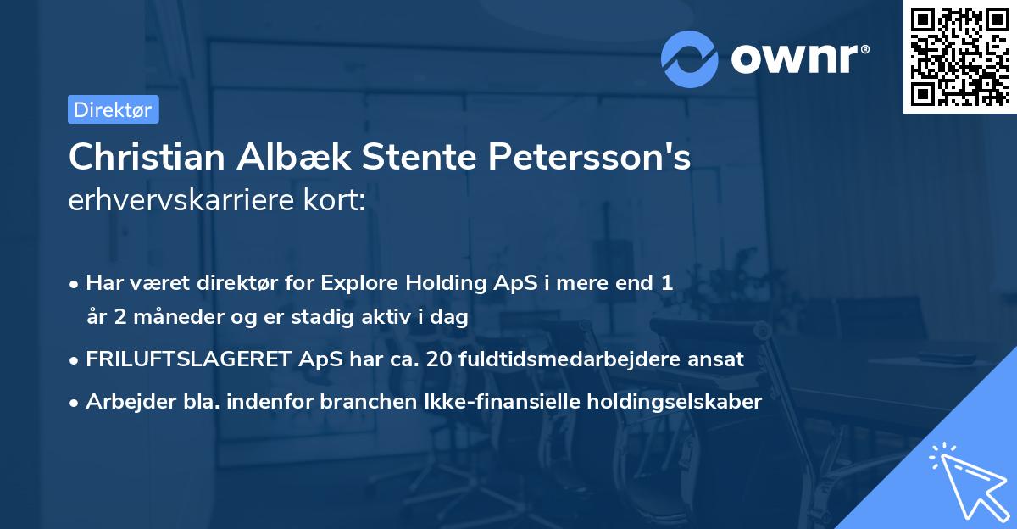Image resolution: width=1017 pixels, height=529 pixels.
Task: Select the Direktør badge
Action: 113,109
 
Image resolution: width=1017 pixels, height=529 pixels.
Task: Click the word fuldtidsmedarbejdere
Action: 572,359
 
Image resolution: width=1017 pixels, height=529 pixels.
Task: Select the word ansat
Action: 717,359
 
